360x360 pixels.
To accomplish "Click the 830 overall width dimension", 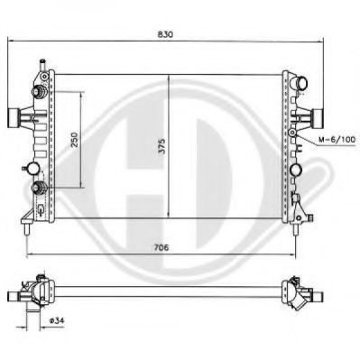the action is tap(165, 34).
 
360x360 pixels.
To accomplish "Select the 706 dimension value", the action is tap(162, 247).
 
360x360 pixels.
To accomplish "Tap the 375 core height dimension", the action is tap(162, 146).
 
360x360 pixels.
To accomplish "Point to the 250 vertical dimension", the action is tap(74, 139).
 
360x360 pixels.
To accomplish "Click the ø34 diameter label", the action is tap(57, 320).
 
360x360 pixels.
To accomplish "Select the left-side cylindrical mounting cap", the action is tap(13, 117).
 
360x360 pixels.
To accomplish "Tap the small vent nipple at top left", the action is tap(42, 64).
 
